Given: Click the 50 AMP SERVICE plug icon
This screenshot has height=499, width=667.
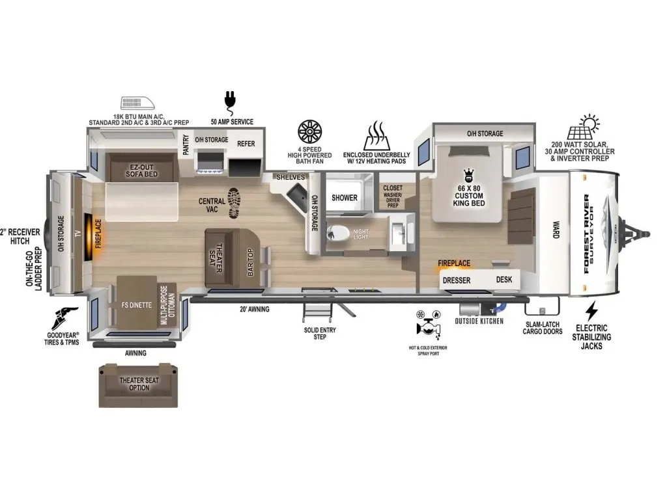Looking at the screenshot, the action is (230, 103).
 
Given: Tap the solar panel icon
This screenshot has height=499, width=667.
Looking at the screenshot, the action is (584, 127).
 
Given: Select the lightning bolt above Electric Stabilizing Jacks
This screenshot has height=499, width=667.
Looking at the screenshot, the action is (591, 311).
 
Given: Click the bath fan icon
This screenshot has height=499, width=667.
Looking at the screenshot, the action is (309, 132).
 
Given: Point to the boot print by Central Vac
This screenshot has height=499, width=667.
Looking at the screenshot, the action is (234, 204).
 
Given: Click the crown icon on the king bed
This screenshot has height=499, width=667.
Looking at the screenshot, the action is (469, 175).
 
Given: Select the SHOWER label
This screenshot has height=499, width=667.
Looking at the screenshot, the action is (345, 198).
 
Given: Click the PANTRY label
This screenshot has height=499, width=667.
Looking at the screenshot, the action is (186, 144).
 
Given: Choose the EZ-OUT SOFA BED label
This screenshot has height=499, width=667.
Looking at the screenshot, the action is (141, 170).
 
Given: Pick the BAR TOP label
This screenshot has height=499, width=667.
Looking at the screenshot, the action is (250, 262).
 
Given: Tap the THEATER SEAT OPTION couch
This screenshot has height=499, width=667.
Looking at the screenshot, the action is (138, 386).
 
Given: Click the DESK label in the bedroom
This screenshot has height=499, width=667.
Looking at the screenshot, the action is (504, 279).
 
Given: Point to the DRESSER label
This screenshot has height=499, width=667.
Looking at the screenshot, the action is (457, 280).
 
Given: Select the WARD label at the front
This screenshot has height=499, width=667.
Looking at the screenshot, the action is (556, 229).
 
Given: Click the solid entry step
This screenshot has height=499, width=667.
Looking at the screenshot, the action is (317, 308).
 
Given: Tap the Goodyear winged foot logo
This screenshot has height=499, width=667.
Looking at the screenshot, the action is (64, 319).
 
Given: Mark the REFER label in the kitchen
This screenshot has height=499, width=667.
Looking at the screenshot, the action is (246, 144).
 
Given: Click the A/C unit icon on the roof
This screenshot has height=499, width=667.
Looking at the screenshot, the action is (138, 103).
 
